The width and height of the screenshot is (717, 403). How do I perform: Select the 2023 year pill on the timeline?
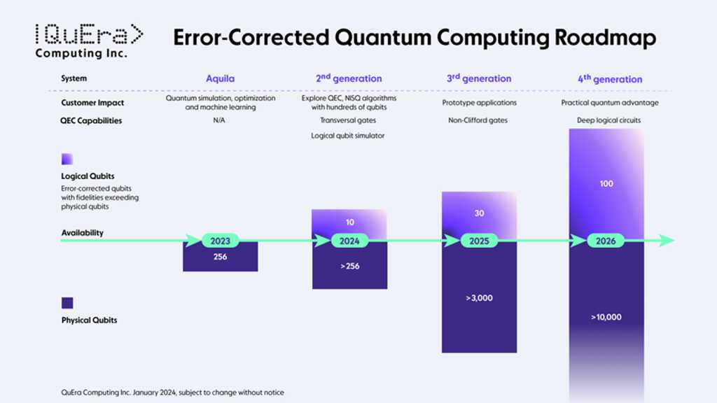point(220,241)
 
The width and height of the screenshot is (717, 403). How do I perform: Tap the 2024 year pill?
point(349,241)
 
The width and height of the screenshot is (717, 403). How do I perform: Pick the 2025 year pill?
point(479,241)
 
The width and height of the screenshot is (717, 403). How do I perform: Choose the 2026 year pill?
point(606,241)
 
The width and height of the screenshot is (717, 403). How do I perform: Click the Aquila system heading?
point(220,79)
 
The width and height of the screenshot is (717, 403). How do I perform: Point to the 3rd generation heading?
point(479,79)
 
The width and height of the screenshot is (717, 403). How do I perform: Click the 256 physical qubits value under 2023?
point(220,257)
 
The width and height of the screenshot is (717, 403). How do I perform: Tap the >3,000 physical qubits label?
point(479,298)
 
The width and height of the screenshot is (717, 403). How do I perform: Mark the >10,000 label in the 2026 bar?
point(606,317)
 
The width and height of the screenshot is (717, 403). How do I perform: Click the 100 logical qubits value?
point(606,183)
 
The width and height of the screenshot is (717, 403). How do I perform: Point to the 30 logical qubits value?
point(479,213)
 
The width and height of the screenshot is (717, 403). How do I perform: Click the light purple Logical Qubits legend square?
point(67,159)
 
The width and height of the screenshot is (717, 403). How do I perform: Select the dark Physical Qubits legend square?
point(67,303)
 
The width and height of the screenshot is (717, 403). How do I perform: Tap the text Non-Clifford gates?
point(479,120)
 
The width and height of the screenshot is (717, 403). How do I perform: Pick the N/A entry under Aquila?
point(220,120)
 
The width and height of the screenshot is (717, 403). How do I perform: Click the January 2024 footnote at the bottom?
point(172,393)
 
